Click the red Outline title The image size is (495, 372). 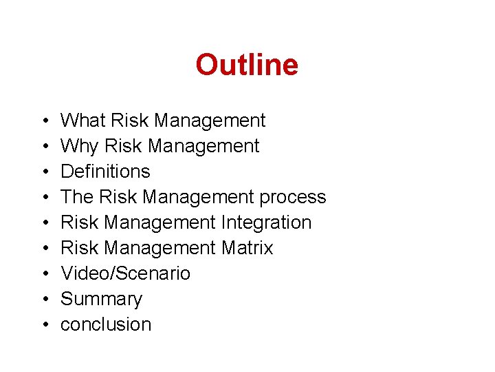(x=247, y=65)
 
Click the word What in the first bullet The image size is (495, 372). (x=82, y=121)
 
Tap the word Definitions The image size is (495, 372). (x=105, y=172)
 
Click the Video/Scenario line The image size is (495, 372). (x=125, y=273)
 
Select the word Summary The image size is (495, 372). (x=101, y=299)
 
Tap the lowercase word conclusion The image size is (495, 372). (x=106, y=324)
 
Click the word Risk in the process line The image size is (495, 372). (x=115, y=197)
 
